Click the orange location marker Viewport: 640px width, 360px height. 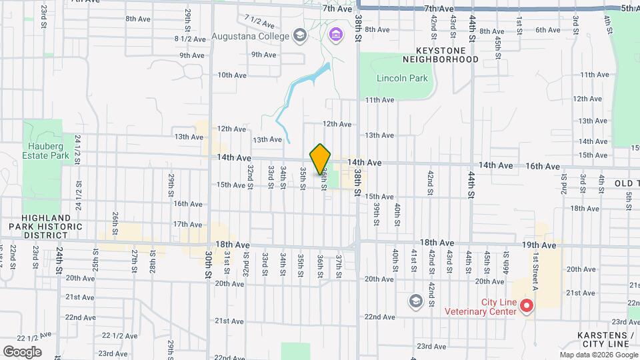320,159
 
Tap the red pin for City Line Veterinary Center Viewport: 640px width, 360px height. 526,306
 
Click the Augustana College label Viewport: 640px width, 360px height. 250,35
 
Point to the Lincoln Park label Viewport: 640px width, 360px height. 402,78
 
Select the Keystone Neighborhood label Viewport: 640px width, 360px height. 447,55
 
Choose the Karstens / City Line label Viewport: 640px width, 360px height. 605,339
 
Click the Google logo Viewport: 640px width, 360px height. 22,352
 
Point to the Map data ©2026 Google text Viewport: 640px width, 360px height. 598,355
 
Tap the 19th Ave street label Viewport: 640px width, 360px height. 539,245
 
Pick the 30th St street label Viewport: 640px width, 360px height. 207,264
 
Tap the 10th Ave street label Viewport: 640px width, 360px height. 233,75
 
